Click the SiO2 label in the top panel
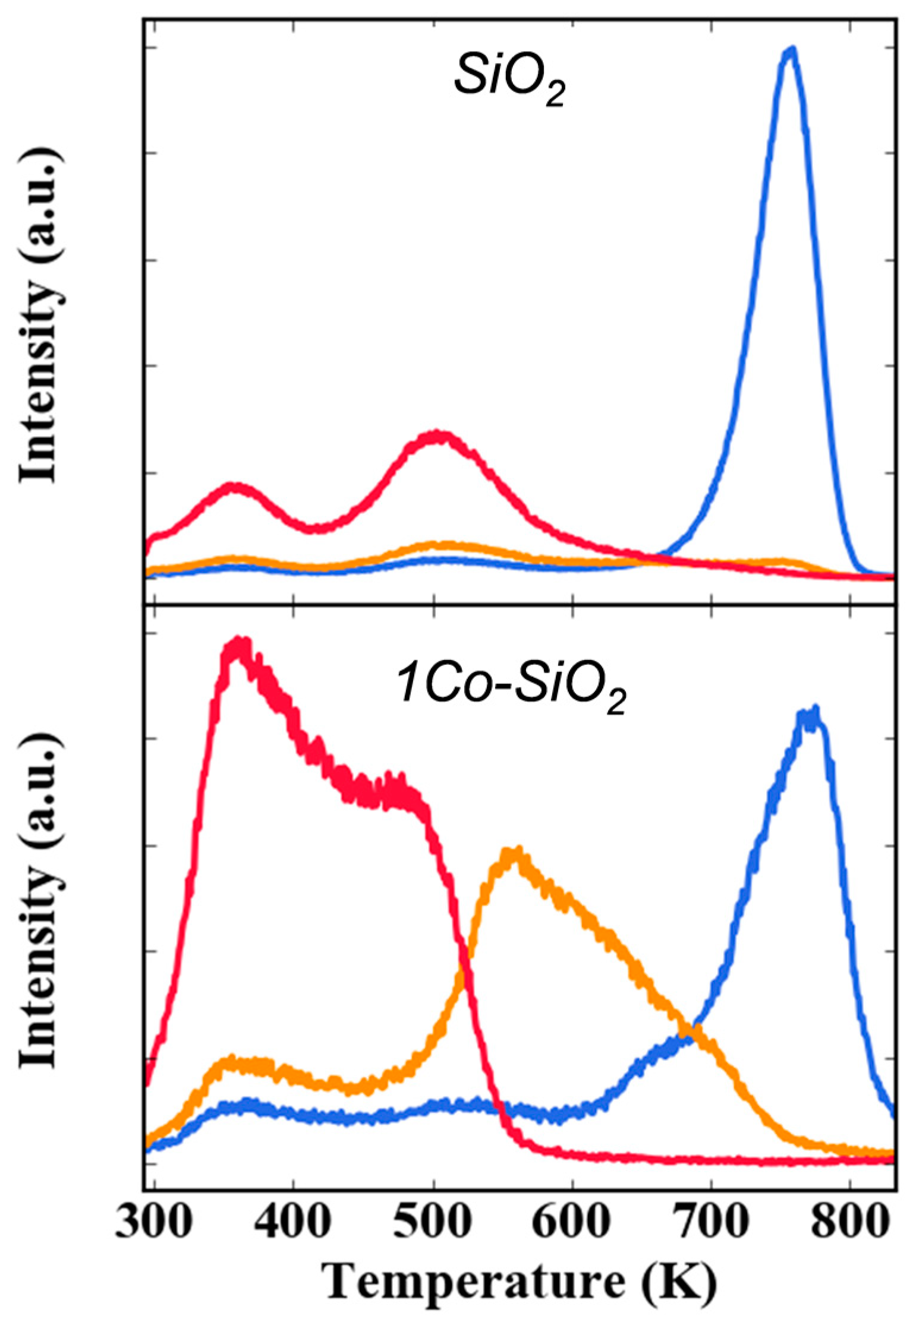509,83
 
